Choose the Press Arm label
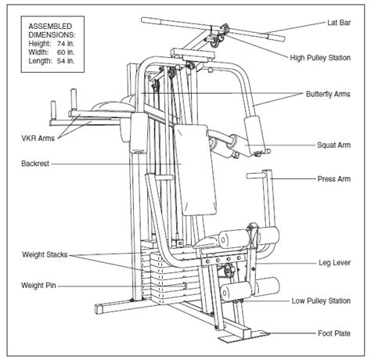pos(334,178)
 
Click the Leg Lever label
pos(335,264)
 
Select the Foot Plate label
pos(335,333)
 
